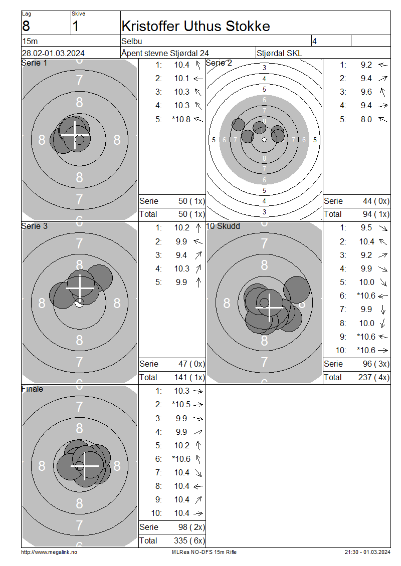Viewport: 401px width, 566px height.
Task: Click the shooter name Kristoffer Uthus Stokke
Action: pos(195,26)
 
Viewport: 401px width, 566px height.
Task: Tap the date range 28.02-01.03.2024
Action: pos(53,53)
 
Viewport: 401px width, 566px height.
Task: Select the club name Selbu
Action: pos(131,41)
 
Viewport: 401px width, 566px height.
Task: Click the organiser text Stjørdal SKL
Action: pos(279,53)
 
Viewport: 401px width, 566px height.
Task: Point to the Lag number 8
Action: pos(26,27)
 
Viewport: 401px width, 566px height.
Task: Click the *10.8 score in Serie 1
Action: pos(181,119)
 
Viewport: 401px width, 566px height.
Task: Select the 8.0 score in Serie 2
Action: pos(366,119)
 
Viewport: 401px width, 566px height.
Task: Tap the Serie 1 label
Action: pos(34,63)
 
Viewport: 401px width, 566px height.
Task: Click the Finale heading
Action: pos(32,389)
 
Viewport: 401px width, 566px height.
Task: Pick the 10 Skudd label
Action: pos(223,226)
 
